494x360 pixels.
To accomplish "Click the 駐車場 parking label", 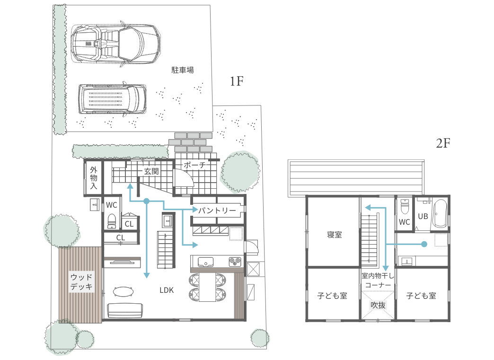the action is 183,70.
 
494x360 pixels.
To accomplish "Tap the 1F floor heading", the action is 237,81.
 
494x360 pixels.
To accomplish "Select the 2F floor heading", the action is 443,143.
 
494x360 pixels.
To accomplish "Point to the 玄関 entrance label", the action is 151,171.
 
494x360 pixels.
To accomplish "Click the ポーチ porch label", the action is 194,165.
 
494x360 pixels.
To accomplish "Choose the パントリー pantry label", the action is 217,210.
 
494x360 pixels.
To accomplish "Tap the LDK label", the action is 167,290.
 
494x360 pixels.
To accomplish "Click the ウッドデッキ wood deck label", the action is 81,282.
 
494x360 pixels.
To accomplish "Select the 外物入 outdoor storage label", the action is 94,178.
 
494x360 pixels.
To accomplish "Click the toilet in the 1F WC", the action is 112,221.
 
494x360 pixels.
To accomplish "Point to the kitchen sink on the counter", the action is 205,262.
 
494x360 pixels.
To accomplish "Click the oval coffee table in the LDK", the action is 123,292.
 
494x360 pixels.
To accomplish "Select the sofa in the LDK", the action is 125,310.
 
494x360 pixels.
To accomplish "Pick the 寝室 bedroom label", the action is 334,235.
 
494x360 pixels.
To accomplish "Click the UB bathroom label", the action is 423,216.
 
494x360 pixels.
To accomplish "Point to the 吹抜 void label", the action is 378,305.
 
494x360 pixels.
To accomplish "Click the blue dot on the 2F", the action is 424,244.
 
